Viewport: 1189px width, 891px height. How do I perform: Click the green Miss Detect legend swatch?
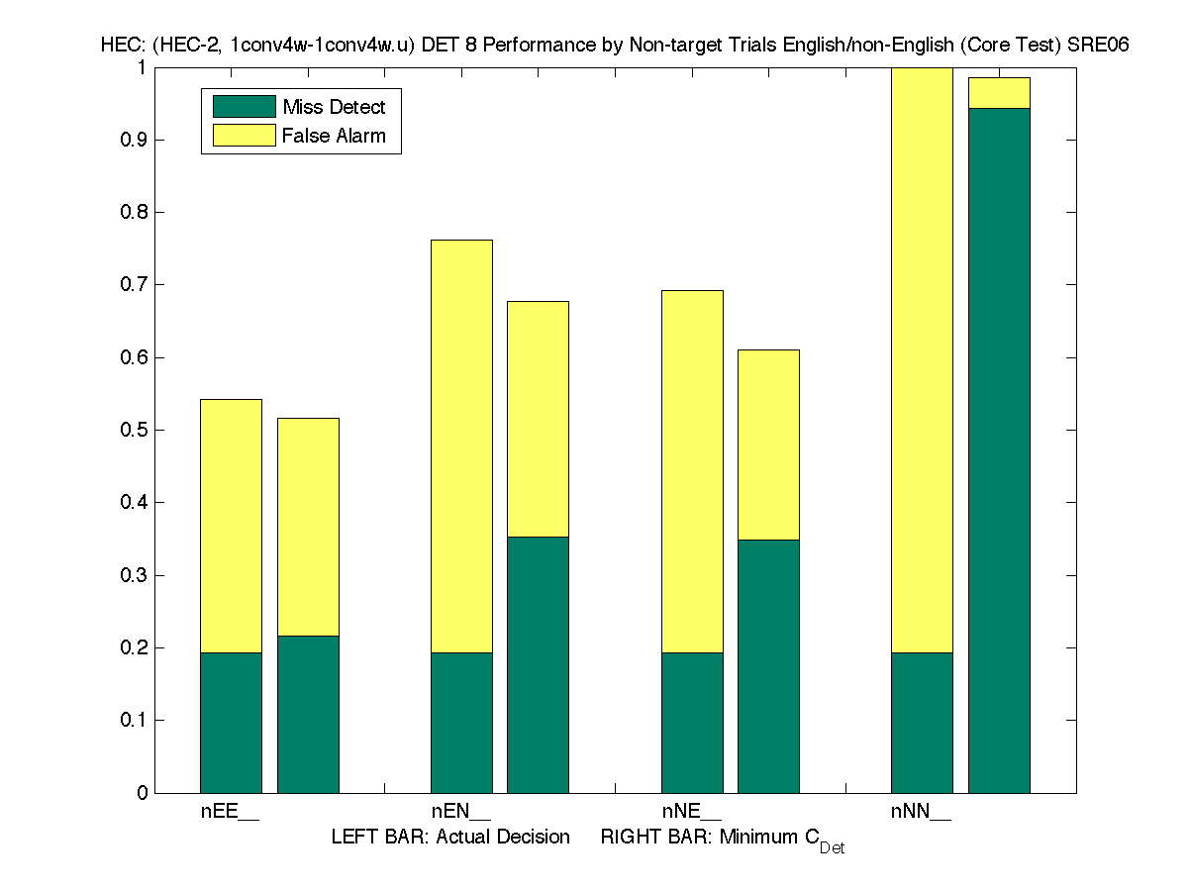[244, 107]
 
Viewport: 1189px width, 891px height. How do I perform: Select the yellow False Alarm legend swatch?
[244, 136]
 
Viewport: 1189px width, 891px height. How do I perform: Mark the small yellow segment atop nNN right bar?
[999, 93]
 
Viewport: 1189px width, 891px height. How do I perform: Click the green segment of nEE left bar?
[231, 723]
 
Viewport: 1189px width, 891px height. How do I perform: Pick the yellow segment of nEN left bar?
[461, 446]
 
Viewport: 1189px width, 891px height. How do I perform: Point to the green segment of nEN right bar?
[538, 664]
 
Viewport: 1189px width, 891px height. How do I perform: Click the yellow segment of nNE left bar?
[692, 471]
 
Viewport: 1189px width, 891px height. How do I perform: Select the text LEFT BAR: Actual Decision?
[450, 838]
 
